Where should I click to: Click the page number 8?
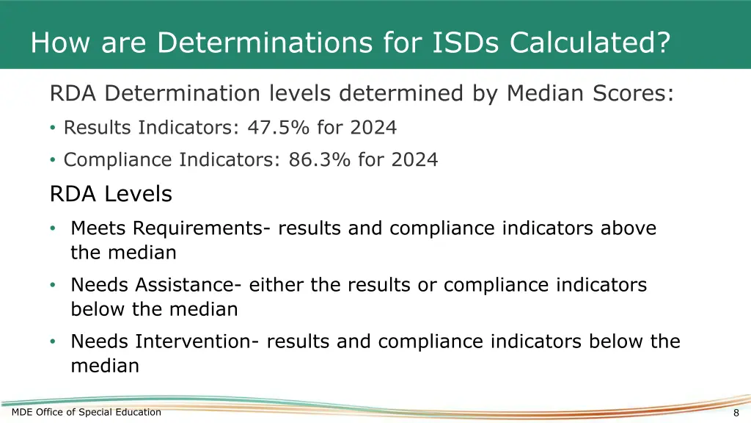pyautogui.click(x=736, y=413)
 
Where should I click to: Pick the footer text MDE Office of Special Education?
pyautogui.click(x=87, y=412)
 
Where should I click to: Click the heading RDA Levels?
pyautogui.click(x=111, y=194)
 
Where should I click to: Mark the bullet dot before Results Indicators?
pyautogui.click(x=53, y=129)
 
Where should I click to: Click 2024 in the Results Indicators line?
pyautogui.click(x=373, y=128)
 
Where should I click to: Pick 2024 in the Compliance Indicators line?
pyautogui.click(x=414, y=160)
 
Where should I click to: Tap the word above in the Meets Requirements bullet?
pyautogui.click(x=629, y=228)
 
